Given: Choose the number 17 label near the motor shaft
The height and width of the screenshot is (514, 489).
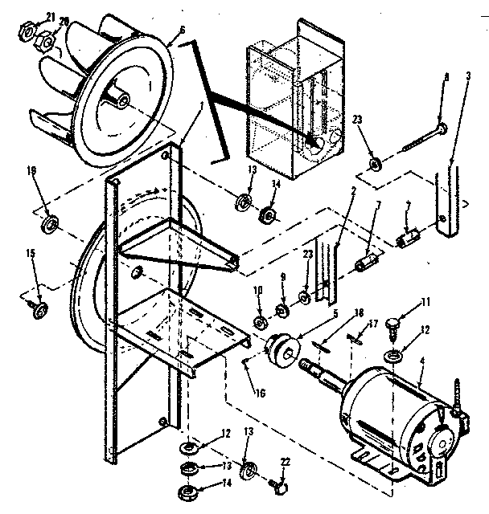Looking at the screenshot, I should coord(372,324).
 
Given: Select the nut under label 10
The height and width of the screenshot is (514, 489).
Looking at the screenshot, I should coord(261,323).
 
